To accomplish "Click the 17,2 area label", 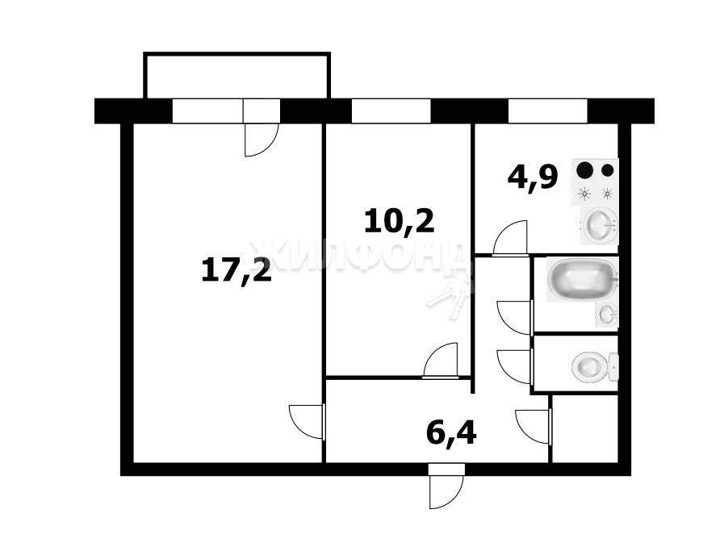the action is pos(236,271).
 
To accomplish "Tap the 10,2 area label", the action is pos(400,221).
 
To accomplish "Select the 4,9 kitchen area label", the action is pos(533,177).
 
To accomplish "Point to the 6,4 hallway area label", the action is pos(451,432).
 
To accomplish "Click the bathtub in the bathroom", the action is pos(582,280).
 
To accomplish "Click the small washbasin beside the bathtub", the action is pos(607,314).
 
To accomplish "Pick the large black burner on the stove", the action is pos(585,170).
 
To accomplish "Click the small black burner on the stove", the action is pos(608,170).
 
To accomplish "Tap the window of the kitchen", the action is pos(547,111).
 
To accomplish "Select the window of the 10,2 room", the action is pos(391,111).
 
